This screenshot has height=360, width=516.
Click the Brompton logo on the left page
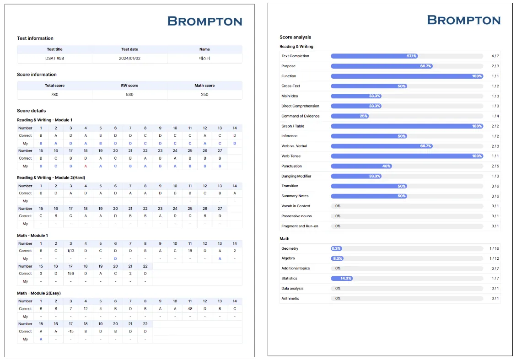click(204, 21)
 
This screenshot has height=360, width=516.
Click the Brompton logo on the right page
click(463, 20)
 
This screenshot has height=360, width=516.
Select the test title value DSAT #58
click(54, 58)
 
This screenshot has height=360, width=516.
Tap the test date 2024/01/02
click(129, 58)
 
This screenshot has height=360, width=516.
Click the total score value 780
click(54, 94)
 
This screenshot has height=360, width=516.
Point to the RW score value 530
click(129, 94)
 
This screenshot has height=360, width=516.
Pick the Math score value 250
click(204, 94)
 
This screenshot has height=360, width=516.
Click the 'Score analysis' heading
click(295, 37)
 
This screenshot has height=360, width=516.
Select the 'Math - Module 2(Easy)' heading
click(39, 293)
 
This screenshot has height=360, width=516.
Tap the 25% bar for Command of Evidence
click(349, 116)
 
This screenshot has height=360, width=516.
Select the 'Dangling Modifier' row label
click(296, 176)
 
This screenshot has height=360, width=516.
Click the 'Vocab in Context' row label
click(296, 206)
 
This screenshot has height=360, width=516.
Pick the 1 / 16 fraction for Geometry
click(494, 248)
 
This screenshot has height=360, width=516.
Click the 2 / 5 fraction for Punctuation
click(495, 166)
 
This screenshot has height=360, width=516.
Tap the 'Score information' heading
click(37, 74)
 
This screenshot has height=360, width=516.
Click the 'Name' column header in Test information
click(204, 49)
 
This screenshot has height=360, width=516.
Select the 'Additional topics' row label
click(296, 269)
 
